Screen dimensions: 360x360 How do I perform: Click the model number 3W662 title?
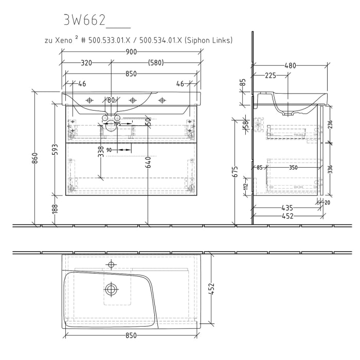[84, 20]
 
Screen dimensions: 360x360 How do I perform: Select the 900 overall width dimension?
[131, 52]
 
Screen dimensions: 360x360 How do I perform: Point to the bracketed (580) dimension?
[156, 63]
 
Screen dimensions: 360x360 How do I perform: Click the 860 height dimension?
[35, 158]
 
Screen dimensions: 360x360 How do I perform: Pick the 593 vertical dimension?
[55, 149]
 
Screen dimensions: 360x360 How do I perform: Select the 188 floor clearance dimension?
[55, 208]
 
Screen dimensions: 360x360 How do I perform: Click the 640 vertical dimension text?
[148, 162]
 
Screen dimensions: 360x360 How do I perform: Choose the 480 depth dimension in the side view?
[291, 66]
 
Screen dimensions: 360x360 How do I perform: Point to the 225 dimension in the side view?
[271, 76]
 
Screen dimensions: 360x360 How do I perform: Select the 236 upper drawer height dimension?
[330, 124]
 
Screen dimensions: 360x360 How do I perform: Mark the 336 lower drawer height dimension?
[330, 169]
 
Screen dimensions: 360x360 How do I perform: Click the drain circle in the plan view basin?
[111, 289]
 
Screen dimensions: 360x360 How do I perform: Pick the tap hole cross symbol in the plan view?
[110, 265]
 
